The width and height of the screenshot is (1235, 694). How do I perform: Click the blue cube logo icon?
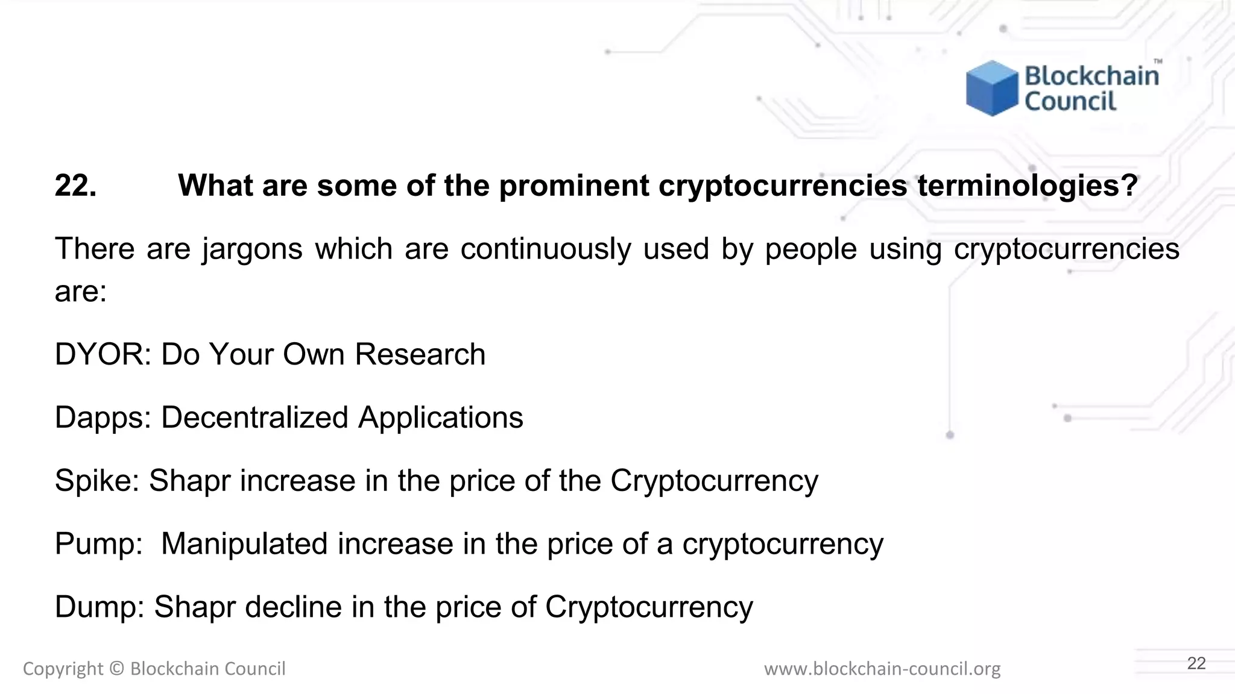(991, 88)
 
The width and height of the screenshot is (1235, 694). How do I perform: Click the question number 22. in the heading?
(75, 186)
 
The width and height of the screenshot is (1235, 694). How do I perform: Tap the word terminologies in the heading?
(1028, 186)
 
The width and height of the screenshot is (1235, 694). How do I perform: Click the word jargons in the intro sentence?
(252, 249)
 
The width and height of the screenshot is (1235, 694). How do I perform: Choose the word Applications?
(441, 417)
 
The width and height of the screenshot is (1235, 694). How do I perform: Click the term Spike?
(97, 481)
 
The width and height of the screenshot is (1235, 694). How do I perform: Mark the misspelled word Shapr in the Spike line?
(189, 481)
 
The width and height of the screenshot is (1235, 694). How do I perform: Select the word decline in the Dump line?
(293, 607)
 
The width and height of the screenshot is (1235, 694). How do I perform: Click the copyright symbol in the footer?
(117, 669)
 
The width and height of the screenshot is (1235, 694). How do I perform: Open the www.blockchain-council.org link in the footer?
(882, 669)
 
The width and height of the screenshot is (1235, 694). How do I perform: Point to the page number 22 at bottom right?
(1196, 663)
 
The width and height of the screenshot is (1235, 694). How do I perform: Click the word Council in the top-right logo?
(1070, 101)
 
